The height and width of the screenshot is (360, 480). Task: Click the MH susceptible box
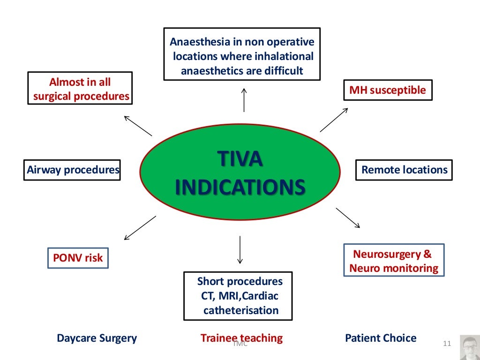388,90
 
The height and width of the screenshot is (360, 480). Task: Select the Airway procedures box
73,170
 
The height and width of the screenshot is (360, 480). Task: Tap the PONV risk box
78,257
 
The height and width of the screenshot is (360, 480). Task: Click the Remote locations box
404,170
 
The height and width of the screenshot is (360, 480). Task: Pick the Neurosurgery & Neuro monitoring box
393,261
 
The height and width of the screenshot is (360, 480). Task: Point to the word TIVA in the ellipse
240,159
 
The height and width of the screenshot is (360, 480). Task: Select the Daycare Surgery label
97,338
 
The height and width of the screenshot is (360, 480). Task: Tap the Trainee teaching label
241,338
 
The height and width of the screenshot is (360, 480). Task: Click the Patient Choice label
380,338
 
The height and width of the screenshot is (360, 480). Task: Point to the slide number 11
446,345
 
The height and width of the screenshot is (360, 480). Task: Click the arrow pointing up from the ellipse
244,99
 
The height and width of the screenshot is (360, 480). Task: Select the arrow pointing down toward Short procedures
240,250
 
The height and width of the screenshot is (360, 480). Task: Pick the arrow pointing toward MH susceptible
334,120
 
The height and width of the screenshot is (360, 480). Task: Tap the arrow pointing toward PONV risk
139,228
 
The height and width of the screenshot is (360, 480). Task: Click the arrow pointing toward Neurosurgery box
348,217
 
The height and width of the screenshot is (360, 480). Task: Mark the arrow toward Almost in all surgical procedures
137,125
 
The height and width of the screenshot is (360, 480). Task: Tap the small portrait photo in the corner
469,347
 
